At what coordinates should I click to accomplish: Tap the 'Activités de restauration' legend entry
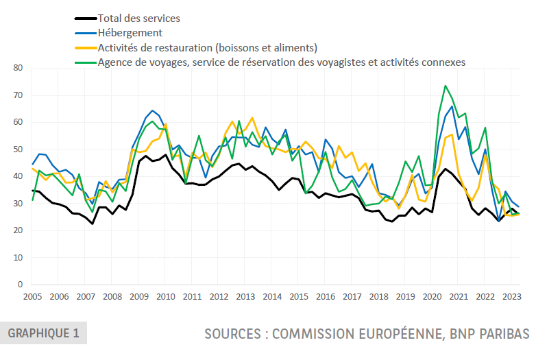pos(208,47)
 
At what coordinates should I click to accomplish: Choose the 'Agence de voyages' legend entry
pos(282,62)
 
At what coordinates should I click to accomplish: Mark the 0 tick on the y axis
pos(21,285)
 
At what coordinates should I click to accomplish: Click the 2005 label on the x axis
pos(32,297)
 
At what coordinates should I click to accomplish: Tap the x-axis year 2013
pos(245,297)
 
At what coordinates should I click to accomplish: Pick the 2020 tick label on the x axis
pos(432,297)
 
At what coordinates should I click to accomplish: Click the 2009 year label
pos(138,297)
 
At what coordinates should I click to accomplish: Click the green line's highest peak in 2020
pos(446,86)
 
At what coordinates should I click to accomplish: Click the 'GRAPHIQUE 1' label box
pos(43,333)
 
